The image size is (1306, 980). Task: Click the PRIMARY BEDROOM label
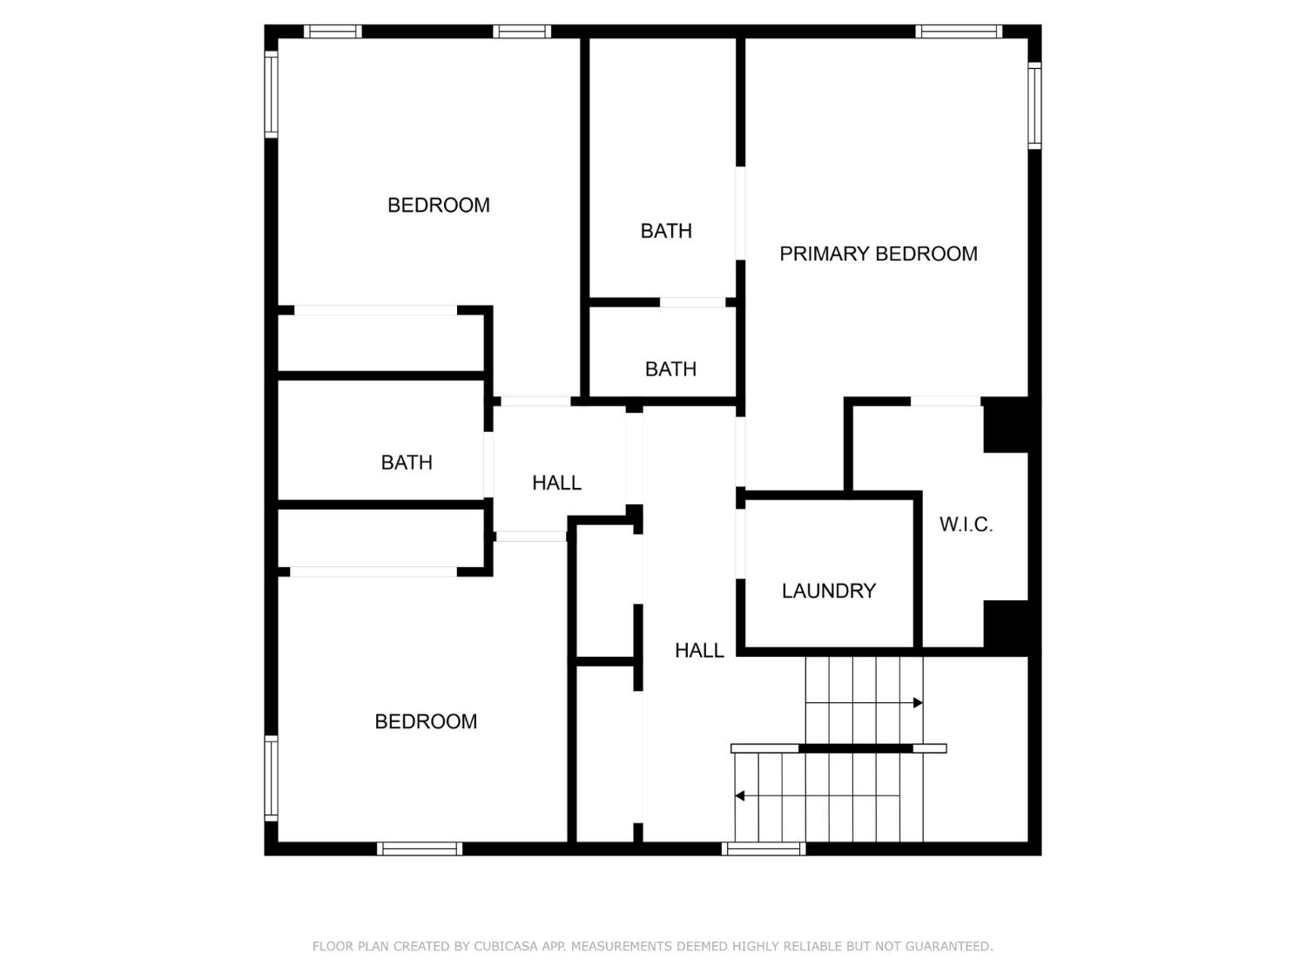click(878, 253)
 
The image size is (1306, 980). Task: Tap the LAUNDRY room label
click(828, 591)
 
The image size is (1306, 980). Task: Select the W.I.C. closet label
click(966, 524)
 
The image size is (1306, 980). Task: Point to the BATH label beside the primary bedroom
click(666, 231)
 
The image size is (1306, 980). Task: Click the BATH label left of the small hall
click(407, 463)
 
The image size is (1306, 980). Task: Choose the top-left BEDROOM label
click(438, 206)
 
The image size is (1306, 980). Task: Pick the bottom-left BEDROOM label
click(426, 721)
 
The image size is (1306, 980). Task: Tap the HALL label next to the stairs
click(699, 650)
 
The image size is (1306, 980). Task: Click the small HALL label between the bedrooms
click(556, 483)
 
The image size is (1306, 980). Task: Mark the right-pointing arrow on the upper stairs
click(917, 703)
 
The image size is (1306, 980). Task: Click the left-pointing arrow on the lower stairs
click(740, 796)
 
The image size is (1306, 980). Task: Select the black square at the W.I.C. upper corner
click(1006, 425)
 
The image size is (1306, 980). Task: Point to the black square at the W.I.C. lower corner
click(1006, 625)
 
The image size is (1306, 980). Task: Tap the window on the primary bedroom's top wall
click(958, 32)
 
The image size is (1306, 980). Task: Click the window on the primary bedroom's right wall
click(1034, 105)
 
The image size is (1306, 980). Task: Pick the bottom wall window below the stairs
click(764, 848)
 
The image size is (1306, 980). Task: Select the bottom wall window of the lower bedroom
click(420, 848)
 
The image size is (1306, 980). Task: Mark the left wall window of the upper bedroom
click(272, 94)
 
